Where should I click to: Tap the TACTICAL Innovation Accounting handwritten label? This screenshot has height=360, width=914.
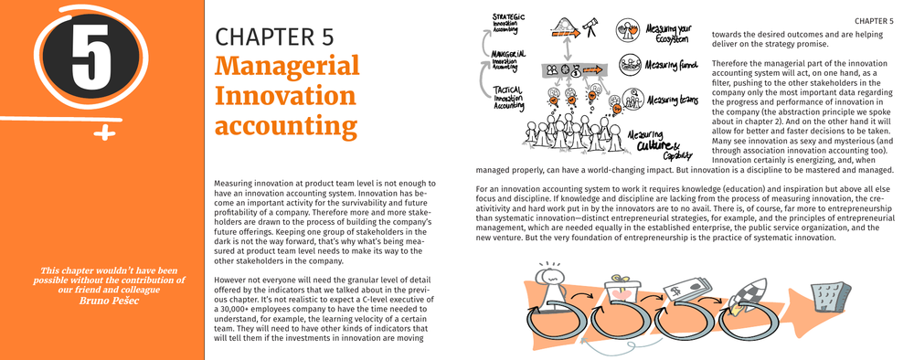pyautogui.click(x=507, y=97)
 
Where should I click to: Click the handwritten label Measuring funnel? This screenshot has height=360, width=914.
pyautogui.click(x=673, y=65)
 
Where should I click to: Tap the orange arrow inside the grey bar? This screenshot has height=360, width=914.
pyautogui.click(x=593, y=69)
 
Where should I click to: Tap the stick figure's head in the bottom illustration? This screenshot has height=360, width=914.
pyautogui.click(x=551, y=274)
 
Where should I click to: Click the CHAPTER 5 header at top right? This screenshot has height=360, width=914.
pyautogui.click(x=874, y=21)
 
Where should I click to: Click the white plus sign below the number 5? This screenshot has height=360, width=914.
pyautogui.click(x=105, y=134)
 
